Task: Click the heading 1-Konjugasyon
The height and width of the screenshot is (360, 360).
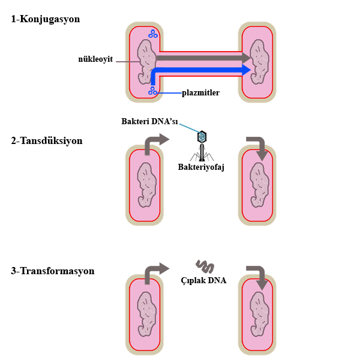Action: pyautogui.click(x=46, y=19)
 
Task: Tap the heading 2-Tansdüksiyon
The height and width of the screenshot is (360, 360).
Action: pyautogui.click(x=47, y=141)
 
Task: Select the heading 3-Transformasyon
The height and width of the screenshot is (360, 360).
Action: pyautogui.click(x=53, y=271)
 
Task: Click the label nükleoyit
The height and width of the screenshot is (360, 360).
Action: pyautogui.click(x=95, y=59)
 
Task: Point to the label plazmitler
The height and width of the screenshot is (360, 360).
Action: pyautogui.click(x=200, y=93)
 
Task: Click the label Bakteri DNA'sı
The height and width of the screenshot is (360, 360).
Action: pyautogui.click(x=149, y=121)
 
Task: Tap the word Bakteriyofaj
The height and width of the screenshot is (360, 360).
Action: pyautogui.click(x=201, y=167)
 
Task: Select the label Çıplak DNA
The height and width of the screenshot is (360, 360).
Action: pyautogui.click(x=203, y=280)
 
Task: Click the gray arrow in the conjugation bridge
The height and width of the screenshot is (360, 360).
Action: pyautogui.click(x=203, y=58)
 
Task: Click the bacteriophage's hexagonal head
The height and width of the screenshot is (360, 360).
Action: pyautogui.click(x=202, y=137)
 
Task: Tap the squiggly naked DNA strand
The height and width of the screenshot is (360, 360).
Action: pyautogui.click(x=205, y=267)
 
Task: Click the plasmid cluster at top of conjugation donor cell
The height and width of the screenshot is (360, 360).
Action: pyautogui.click(x=153, y=34)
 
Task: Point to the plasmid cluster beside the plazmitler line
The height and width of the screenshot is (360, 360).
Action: pyautogui.click(x=152, y=91)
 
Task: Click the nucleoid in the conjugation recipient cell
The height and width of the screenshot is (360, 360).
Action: pyautogui.click(x=259, y=62)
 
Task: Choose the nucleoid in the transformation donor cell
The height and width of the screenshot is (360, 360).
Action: pyautogui.click(x=147, y=314)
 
